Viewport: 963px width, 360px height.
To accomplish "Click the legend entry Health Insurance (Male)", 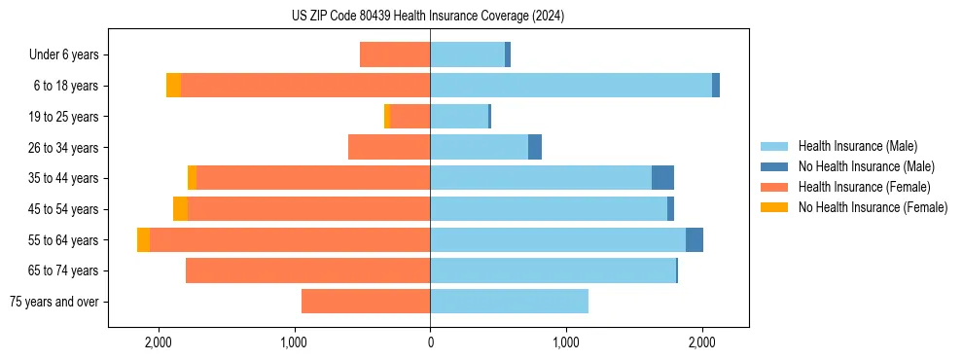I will (857, 146).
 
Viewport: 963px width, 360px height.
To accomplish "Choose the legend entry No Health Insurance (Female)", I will (873, 207).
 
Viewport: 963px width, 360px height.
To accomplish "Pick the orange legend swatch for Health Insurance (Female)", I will (774, 187).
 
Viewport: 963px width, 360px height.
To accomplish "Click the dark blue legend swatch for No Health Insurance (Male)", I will (774, 166).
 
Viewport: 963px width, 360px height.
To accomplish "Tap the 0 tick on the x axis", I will (430, 342).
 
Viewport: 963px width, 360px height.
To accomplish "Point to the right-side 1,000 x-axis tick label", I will (566, 342).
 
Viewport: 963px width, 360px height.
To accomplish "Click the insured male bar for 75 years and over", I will (509, 302).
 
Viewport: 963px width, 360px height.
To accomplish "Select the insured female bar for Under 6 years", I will (395, 54).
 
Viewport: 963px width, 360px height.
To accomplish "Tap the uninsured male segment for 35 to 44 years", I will (662, 178).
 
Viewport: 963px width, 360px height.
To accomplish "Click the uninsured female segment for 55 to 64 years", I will (143, 239).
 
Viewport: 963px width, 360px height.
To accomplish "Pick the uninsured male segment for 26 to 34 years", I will (535, 147).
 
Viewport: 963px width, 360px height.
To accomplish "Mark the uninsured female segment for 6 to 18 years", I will (173, 86).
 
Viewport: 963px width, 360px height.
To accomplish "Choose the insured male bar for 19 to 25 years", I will (459, 117).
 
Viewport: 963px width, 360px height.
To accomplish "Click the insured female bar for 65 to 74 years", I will (307, 270).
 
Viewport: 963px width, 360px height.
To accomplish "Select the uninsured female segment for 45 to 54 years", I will (180, 209).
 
